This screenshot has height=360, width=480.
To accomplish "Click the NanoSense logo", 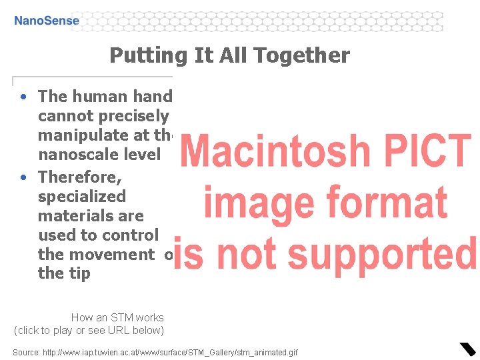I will (x=47, y=21).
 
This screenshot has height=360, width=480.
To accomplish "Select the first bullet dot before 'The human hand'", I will (x=23, y=97).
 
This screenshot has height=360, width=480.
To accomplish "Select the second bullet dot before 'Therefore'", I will (x=23, y=177).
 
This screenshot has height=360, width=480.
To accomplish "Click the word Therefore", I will (x=79, y=177).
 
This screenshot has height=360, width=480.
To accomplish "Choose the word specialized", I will (x=82, y=197).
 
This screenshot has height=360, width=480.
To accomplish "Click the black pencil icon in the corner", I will (x=467, y=349).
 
